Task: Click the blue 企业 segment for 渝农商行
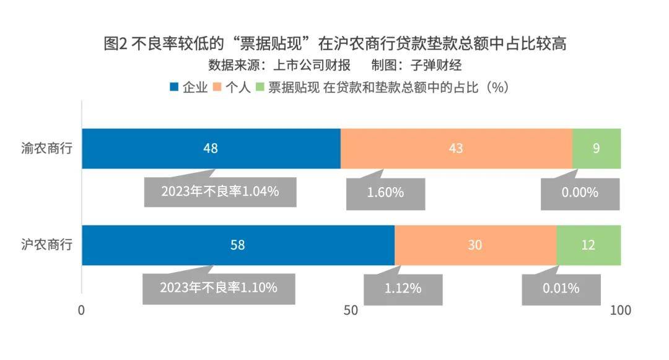click(x=211, y=149)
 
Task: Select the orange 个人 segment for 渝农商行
click(x=456, y=149)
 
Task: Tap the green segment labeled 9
click(x=596, y=149)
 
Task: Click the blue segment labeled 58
click(x=238, y=245)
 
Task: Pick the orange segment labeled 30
click(x=475, y=245)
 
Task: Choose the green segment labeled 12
click(x=588, y=245)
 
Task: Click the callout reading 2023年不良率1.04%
click(x=220, y=192)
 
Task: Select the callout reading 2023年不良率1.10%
click(x=219, y=288)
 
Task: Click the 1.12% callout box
click(x=403, y=289)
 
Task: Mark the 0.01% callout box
click(x=561, y=289)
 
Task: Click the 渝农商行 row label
click(x=47, y=149)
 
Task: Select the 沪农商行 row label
click(x=47, y=245)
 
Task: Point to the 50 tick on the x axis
click(x=351, y=310)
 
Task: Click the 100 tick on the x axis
click(x=621, y=310)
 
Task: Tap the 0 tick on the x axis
click(x=81, y=310)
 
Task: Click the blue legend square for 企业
click(x=174, y=87)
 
